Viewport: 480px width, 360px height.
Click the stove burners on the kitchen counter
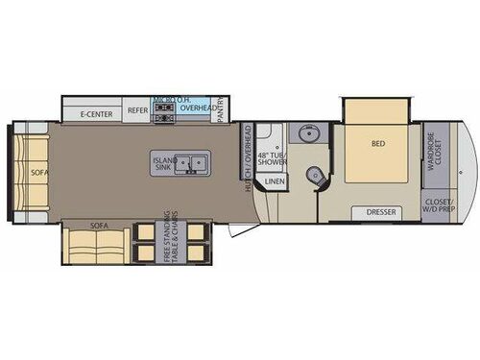point(163,108)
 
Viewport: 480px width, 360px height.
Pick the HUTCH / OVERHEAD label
point(248,158)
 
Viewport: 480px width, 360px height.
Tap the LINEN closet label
point(275,180)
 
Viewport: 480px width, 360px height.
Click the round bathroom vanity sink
point(308,133)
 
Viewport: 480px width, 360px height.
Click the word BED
point(378,145)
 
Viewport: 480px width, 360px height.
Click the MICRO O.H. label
point(171,98)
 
